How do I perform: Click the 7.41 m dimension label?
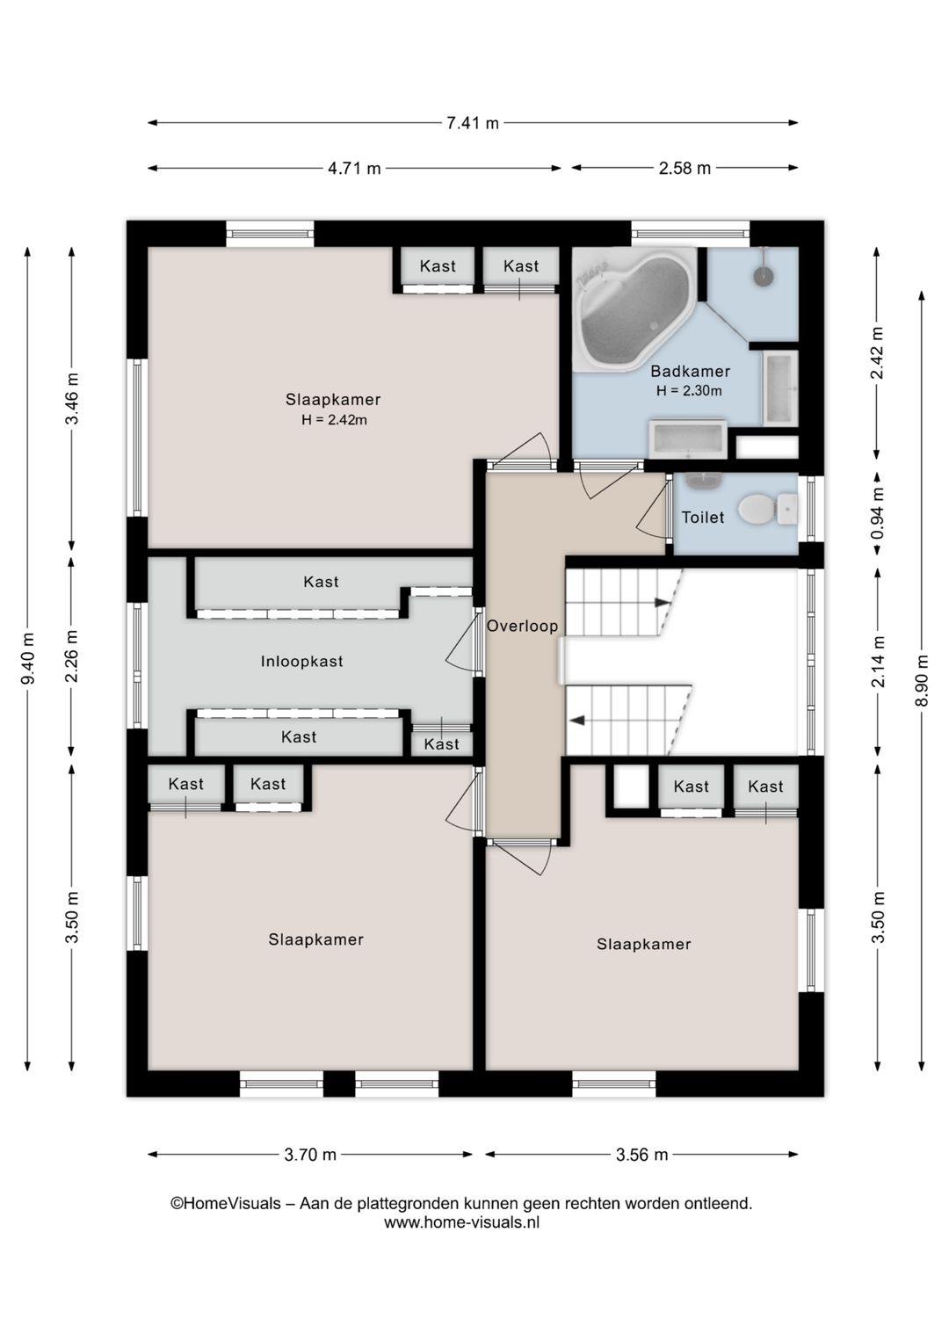(x=473, y=123)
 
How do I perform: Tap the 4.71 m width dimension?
(x=354, y=168)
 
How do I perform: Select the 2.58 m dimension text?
(x=685, y=168)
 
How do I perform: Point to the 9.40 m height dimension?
(x=27, y=657)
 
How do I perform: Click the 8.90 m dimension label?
(x=921, y=680)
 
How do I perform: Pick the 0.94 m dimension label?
(x=877, y=513)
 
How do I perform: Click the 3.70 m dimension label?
(x=310, y=1155)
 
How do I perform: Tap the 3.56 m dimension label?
(x=641, y=1155)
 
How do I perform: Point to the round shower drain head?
(x=764, y=275)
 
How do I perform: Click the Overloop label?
(x=522, y=627)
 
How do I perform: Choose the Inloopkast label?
(x=301, y=662)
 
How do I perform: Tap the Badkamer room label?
(x=691, y=371)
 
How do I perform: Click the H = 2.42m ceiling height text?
(x=334, y=420)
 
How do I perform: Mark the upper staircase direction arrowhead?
(x=663, y=602)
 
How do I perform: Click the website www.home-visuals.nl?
(x=461, y=1223)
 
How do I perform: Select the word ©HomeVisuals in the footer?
(x=226, y=1203)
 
